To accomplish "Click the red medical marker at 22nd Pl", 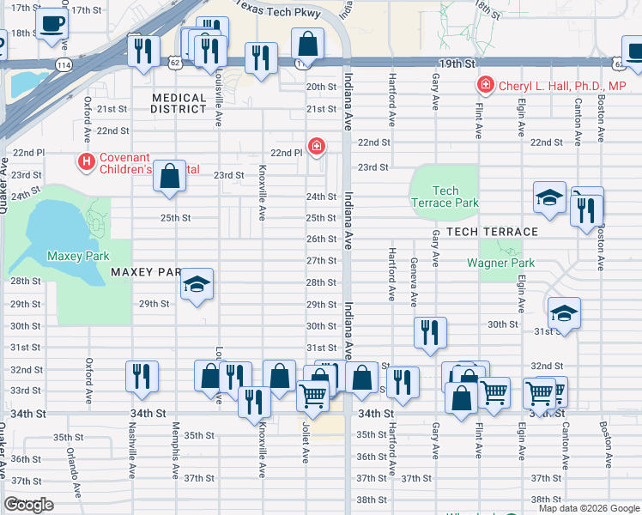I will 317,147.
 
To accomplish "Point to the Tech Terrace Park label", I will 445,197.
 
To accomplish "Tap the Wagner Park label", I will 500,263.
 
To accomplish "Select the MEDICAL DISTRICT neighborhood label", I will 179,104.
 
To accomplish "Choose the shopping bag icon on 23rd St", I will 171,176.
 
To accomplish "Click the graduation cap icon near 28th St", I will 197,285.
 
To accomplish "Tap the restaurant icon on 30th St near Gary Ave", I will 430,331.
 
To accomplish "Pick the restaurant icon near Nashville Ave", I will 142,376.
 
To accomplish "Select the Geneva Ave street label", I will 414,282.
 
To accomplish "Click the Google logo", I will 29,505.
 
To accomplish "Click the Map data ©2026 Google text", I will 588,508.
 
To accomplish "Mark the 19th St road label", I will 457,64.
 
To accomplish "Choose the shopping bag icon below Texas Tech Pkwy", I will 307,44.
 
